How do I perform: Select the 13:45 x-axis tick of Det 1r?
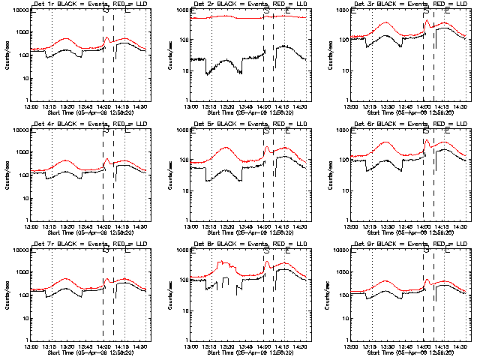[86, 104]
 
